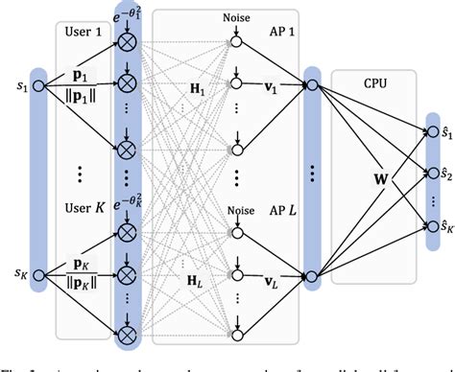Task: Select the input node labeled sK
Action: (38, 281)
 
